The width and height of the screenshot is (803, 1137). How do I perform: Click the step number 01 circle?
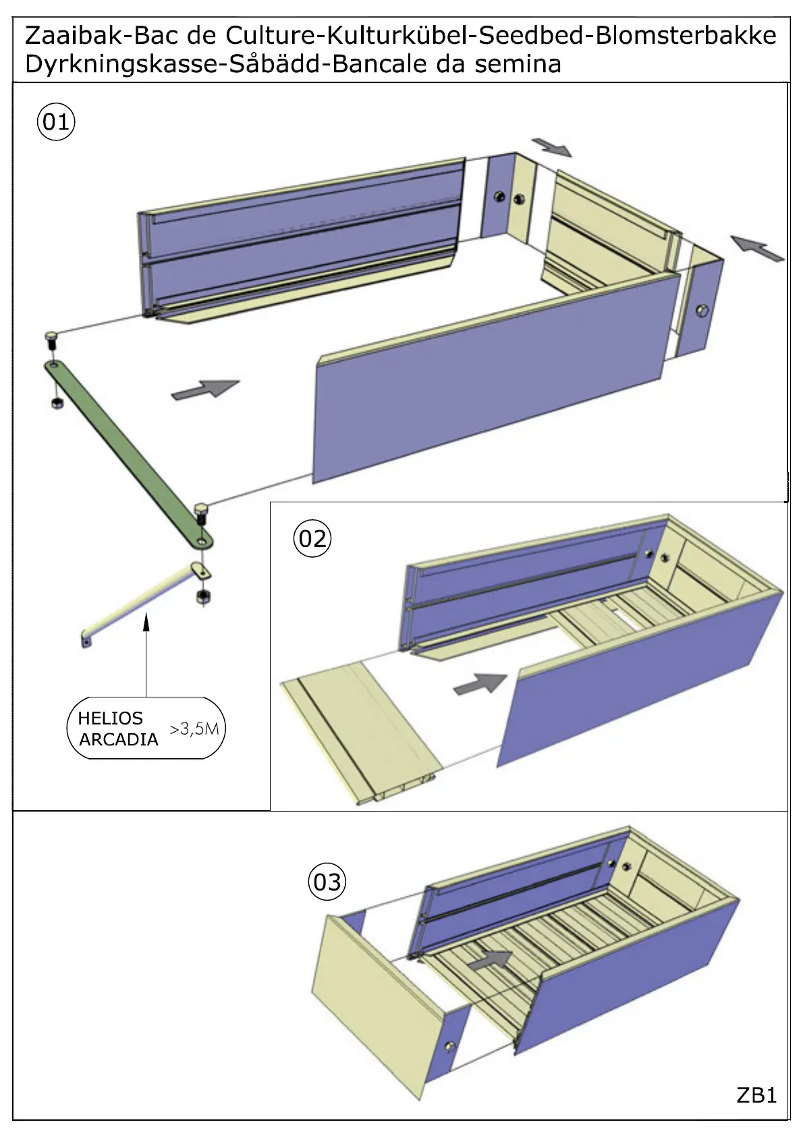pyautogui.click(x=55, y=122)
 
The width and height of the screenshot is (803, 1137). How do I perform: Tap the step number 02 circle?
pyautogui.click(x=312, y=538)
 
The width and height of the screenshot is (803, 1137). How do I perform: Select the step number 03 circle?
pyautogui.click(x=327, y=881)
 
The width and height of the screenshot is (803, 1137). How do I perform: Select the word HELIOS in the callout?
pyautogui.click(x=110, y=718)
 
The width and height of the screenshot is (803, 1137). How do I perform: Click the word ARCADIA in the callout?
pyautogui.click(x=118, y=739)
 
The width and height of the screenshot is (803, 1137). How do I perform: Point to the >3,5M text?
pyautogui.click(x=194, y=729)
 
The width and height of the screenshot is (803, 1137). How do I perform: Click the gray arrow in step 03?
pyautogui.click(x=490, y=959)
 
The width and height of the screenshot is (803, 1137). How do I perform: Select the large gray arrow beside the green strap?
pyautogui.click(x=205, y=389)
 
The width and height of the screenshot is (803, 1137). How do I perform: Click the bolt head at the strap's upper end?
pyautogui.click(x=51, y=335)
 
